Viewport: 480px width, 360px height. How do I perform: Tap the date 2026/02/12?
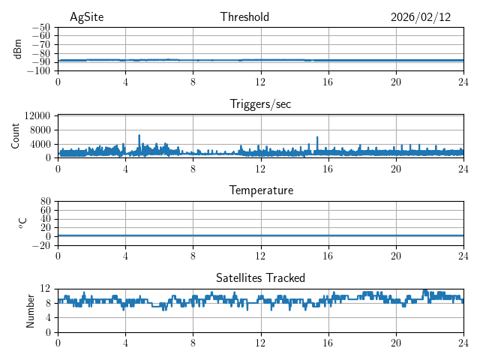coord(421,17)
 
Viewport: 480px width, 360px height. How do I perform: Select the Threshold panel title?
coord(244,17)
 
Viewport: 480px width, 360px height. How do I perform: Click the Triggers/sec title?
coord(260,104)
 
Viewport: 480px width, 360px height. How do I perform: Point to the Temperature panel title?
coord(260,190)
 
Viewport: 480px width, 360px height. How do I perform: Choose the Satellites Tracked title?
coord(260,277)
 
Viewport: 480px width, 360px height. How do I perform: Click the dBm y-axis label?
coord(19,49)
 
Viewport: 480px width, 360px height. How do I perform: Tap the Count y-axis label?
coord(16,136)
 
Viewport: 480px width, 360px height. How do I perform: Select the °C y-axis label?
coord(22,223)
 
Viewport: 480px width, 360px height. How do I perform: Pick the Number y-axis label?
coord(31,310)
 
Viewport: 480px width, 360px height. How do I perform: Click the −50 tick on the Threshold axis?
coord(41,27)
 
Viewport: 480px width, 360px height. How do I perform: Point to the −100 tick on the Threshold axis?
coord(39,71)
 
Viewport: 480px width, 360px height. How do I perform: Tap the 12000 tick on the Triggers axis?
coord(37,115)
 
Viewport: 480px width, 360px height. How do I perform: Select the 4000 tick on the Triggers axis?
coord(40,143)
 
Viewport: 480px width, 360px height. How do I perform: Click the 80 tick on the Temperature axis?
coord(46,201)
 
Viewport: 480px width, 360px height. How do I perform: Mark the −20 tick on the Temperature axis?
coord(41,245)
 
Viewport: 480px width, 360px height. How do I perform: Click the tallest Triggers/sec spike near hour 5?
coord(139,136)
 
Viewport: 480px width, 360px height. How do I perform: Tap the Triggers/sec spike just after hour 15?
coord(317,137)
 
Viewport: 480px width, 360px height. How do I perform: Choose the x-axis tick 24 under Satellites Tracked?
coord(463,342)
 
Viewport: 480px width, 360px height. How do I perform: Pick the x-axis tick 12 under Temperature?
coord(260,255)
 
